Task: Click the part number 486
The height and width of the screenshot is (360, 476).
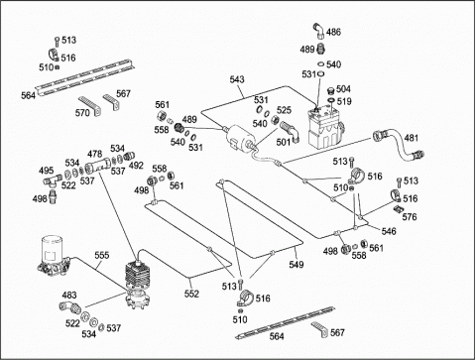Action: coord(333,32)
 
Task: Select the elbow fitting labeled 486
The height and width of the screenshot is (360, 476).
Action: coord(318,30)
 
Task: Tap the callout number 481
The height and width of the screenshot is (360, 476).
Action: coord(412,138)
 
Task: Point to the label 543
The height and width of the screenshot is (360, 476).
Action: coord(237,79)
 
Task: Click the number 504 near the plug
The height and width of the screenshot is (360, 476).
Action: coord(343,89)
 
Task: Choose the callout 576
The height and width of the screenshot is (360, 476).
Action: coord(410,217)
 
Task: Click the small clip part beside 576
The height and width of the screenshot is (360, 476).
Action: coord(398,209)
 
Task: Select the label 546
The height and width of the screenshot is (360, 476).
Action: coord(389,231)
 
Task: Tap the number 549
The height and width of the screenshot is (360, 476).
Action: coord(297,264)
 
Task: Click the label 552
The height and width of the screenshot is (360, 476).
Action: coord(191,294)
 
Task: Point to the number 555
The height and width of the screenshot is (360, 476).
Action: coord(102,255)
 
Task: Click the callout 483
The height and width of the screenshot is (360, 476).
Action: coord(69,295)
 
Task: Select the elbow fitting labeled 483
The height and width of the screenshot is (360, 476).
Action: coord(69,307)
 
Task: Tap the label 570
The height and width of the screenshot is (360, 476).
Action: coord(82,113)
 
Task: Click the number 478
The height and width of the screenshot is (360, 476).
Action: coord(94,154)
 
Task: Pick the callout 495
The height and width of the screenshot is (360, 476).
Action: coord(47,171)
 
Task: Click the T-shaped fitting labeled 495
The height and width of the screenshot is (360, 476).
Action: coord(53,180)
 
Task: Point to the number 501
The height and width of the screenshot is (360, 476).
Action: coord(284,142)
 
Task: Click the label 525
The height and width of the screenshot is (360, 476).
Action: coord(284,110)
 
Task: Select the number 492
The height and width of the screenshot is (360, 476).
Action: coord(136,166)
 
